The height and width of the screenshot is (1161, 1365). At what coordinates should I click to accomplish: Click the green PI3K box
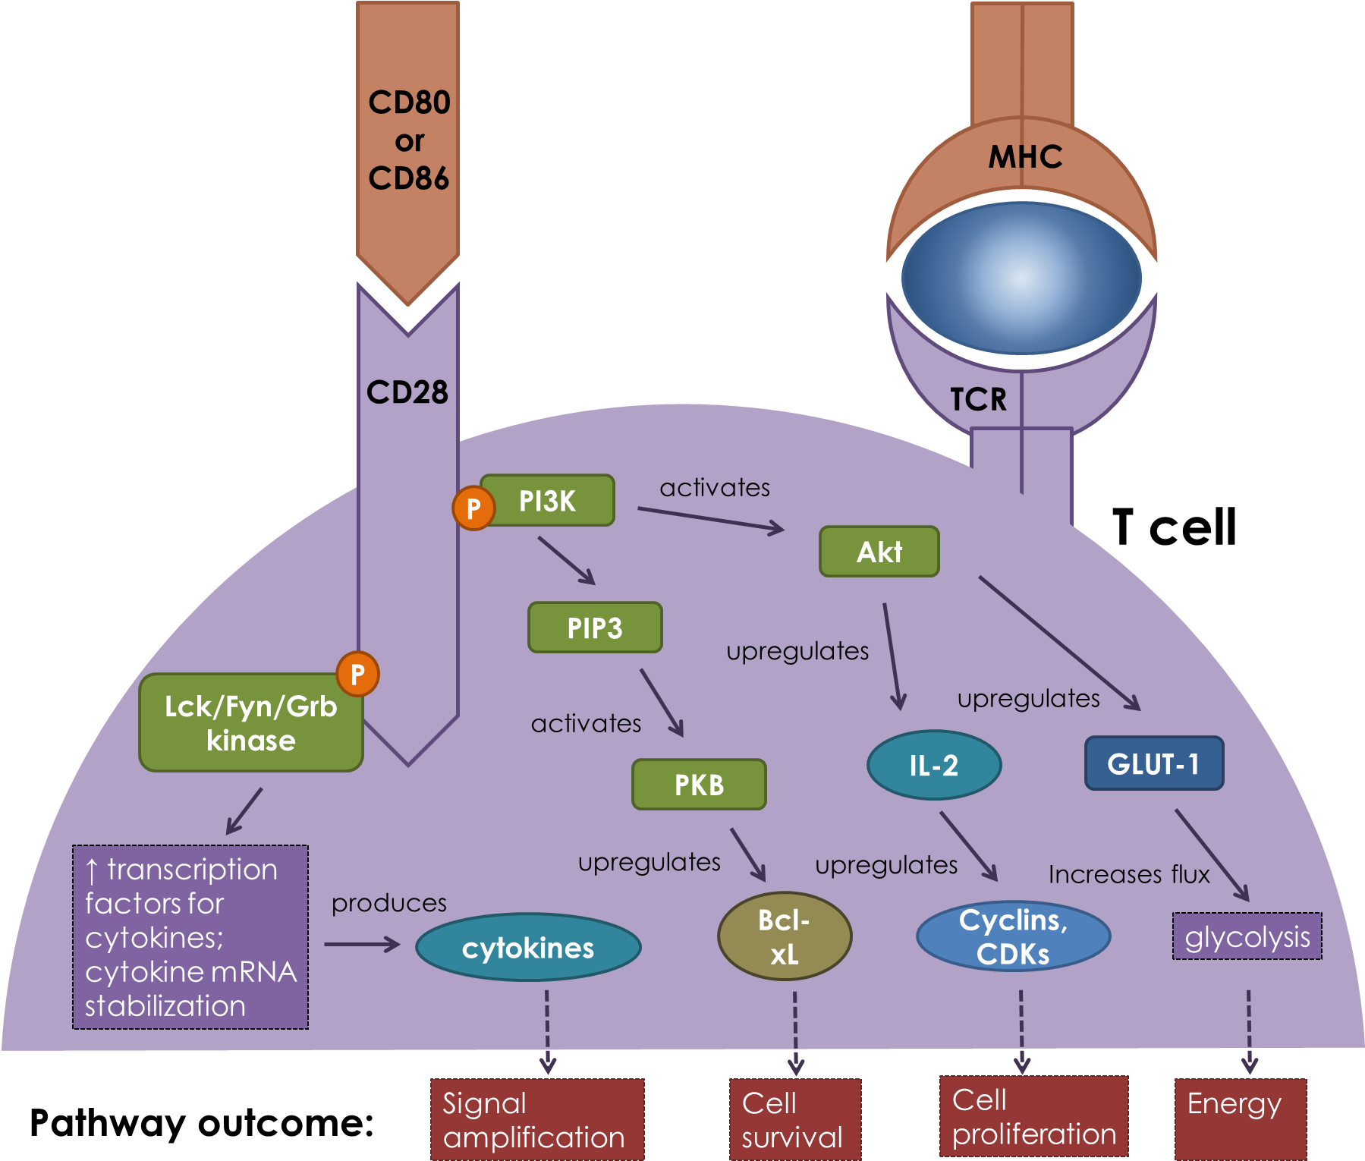(x=548, y=501)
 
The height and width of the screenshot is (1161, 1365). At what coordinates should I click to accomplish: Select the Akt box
(x=879, y=552)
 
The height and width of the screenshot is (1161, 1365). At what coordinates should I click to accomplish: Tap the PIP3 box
(x=595, y=628)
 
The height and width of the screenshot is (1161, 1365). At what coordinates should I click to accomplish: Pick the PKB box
(x=699, y=785)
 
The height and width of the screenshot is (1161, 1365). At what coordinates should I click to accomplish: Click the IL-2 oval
(x=934, y=765)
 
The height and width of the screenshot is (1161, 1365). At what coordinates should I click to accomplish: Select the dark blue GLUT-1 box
(x=1153, y=763)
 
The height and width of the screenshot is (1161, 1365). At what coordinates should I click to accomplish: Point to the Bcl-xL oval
(x=785, y=936)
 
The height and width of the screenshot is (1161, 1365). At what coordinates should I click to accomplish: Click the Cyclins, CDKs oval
(x=1013, y=936)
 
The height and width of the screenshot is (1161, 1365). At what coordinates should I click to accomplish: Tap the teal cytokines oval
(x=528, y=947)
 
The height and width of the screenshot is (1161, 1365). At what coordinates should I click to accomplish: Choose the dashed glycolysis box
(x=1247, y=936)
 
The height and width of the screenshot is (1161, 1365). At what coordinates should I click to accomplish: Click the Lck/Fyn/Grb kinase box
(x=250, y=723)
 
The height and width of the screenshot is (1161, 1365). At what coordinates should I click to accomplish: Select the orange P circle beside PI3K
(x=473, y=508)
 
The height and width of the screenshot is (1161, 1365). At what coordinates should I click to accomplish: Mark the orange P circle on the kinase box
(x=357, y=674)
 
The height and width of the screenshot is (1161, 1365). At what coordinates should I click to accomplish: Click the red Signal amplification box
(x=537, y=1119)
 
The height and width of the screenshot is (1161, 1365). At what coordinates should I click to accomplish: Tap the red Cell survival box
(x=794, y=1119)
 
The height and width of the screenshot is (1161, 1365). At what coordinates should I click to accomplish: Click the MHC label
(x=1025, y=157)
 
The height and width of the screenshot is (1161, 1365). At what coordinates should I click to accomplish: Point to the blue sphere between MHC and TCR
(x=1021, y=278)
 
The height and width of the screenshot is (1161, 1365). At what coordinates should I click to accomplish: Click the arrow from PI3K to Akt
(x=711, y=519)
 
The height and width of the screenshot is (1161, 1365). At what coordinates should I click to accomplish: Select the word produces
(x=388, y=903)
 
